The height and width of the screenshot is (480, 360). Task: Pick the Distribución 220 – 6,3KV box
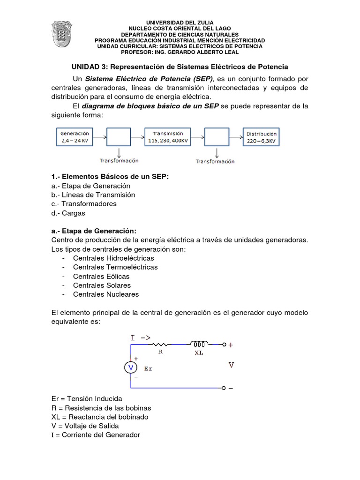coord(262,136)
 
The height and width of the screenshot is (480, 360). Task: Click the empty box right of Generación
coord(119,137)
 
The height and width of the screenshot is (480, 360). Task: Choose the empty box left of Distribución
coord(217,137)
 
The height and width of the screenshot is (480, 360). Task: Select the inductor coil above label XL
coord(199,343)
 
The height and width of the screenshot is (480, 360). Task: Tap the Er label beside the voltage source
coord(149,368)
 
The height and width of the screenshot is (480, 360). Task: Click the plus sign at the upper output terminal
coord(230,345)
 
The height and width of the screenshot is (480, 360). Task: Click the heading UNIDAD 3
coord(180,67)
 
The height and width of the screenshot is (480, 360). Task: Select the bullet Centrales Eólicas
coord(101,276)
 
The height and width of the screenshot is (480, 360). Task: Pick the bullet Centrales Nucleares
coord(106,294)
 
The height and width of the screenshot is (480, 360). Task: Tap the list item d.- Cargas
coord(69,213)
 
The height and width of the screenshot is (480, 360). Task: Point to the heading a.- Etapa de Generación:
coord(94,231)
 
